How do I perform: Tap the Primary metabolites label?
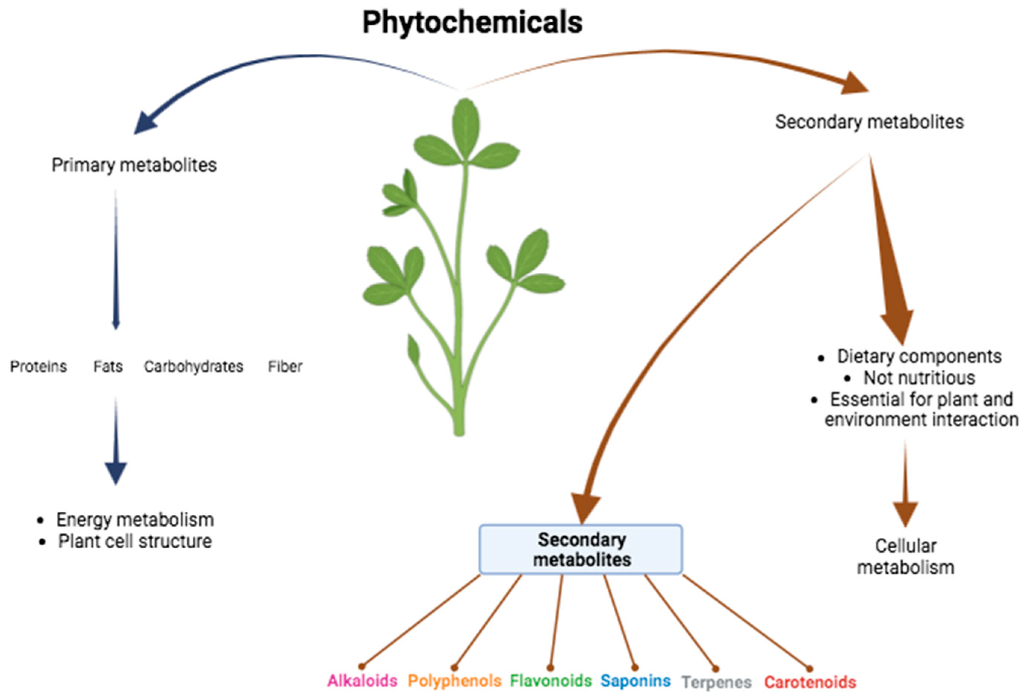[x=134, y=165]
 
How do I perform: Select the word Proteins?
[x=38, y=367]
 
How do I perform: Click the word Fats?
[x=108, y=367]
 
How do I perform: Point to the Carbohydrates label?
[x=193, y=367]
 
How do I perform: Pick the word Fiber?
[x=285, y=367]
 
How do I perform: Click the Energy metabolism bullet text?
[x=135, y=520]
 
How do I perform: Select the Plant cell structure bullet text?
[x=135, y=541]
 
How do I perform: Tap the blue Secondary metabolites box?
[x=581, y=549]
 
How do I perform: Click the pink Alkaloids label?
[x=362, y=680]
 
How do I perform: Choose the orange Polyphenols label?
[x=454, y=680]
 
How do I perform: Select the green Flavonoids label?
[x=551, y=680]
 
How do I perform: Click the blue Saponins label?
[x=635, y=680]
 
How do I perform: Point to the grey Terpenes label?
[x=716, y=682]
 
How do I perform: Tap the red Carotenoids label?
[x=810, y=682]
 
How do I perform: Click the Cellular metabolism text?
[x=905, y=557]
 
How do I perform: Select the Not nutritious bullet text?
[x=919, y=378]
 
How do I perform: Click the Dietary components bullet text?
[x=919, y=356]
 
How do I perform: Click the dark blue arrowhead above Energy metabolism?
[x=116, y=473]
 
